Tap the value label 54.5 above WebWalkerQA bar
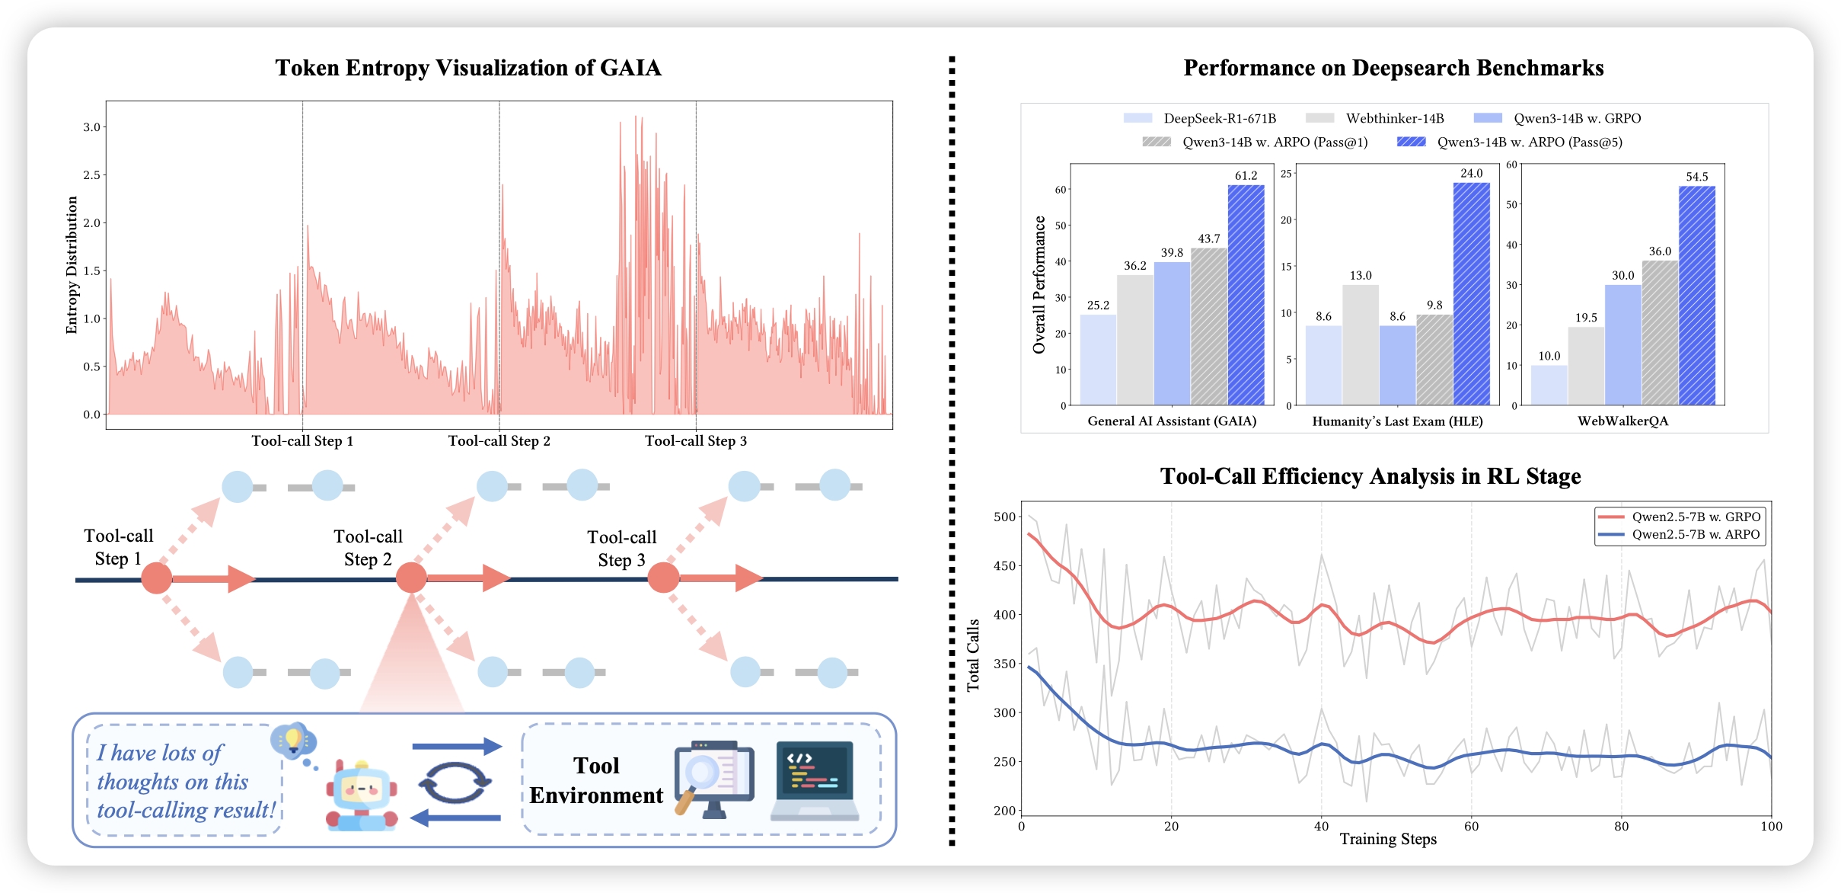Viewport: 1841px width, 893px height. pyautogui.click(x=1697, y=177)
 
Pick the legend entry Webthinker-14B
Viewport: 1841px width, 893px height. pyautogui.click(x=1374, y=118)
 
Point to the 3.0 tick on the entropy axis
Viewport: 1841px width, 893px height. pyautogui.click(x=91, y=127)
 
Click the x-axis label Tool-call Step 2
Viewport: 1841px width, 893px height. pyautogui.click(x=499, y=441)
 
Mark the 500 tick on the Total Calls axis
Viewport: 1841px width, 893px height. pyautogui.click(x=1004, y=517)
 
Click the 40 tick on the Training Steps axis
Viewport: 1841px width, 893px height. pyautogui.click(x=1321, y=826)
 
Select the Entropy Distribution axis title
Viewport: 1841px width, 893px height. pyautogui.click(x=72, y=265)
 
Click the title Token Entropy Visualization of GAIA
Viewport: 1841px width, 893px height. pyautogui.click(x=468, y=68)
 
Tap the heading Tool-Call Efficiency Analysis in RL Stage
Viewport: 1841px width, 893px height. pyautogui.click(x=1370, y=476)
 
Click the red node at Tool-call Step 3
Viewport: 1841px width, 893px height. pyautogui.click(x=663, y=578)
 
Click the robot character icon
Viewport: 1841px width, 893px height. pyautogui.click(x=362, y=795)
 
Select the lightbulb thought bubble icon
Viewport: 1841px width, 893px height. pyautogui.click(x=293, y=741)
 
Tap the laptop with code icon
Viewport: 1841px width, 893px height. pyautogui.click(x=815, y=780)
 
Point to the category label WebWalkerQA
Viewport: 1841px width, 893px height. pyautogui.click(x=1622, y=421)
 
